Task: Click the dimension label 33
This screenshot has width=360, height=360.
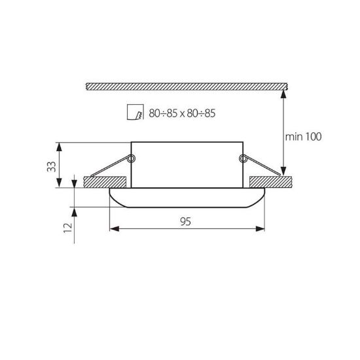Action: coord(52,167)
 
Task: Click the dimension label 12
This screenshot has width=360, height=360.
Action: coord(68,228)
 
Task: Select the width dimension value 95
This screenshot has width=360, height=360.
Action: coord(185,221)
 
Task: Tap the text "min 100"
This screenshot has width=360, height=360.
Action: coord(303,137)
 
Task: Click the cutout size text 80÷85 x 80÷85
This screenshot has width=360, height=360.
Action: coord(182,113)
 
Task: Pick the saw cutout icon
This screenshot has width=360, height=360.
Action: coord(135,112)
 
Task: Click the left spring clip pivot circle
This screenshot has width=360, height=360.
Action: coord(132,158)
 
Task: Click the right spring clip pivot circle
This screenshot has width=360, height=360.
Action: coord(243,158)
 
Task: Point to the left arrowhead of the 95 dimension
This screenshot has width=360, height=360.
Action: coord(115,228)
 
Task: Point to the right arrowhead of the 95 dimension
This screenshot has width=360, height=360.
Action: coord(260,228)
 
